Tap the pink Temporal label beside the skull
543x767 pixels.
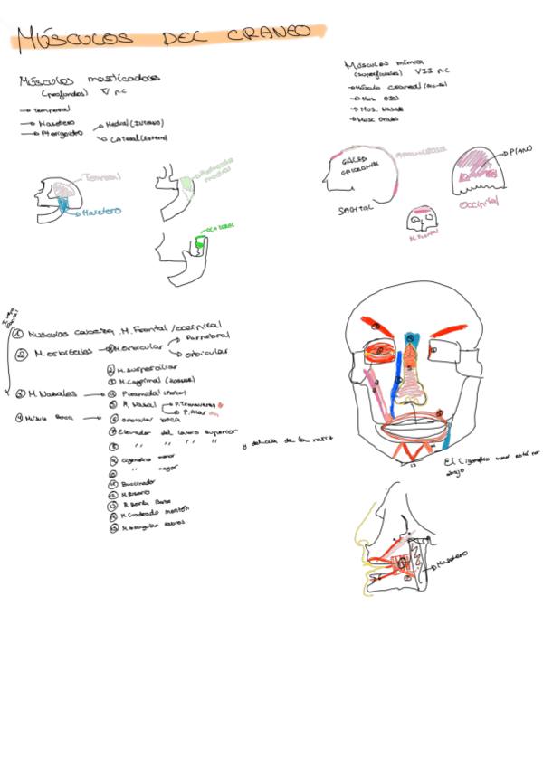tap(100, 177)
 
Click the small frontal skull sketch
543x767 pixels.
tap(422, 221)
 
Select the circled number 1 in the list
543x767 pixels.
tap(18, 333)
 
